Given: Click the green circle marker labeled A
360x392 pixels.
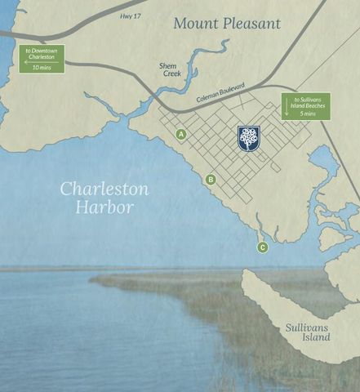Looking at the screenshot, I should pos(181,134).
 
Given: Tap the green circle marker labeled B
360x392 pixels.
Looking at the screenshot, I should pos(211,180).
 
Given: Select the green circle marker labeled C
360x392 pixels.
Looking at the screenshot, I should pos(262,247).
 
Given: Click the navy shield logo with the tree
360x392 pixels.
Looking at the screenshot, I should pos(249,139).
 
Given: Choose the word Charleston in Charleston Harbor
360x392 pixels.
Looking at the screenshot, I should pos(104,189).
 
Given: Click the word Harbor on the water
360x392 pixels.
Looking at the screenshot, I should pos(104,207).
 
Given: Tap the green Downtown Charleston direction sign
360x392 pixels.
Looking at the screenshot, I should pos(41,59).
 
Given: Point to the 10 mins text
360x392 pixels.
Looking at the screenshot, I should pos(41,67).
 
